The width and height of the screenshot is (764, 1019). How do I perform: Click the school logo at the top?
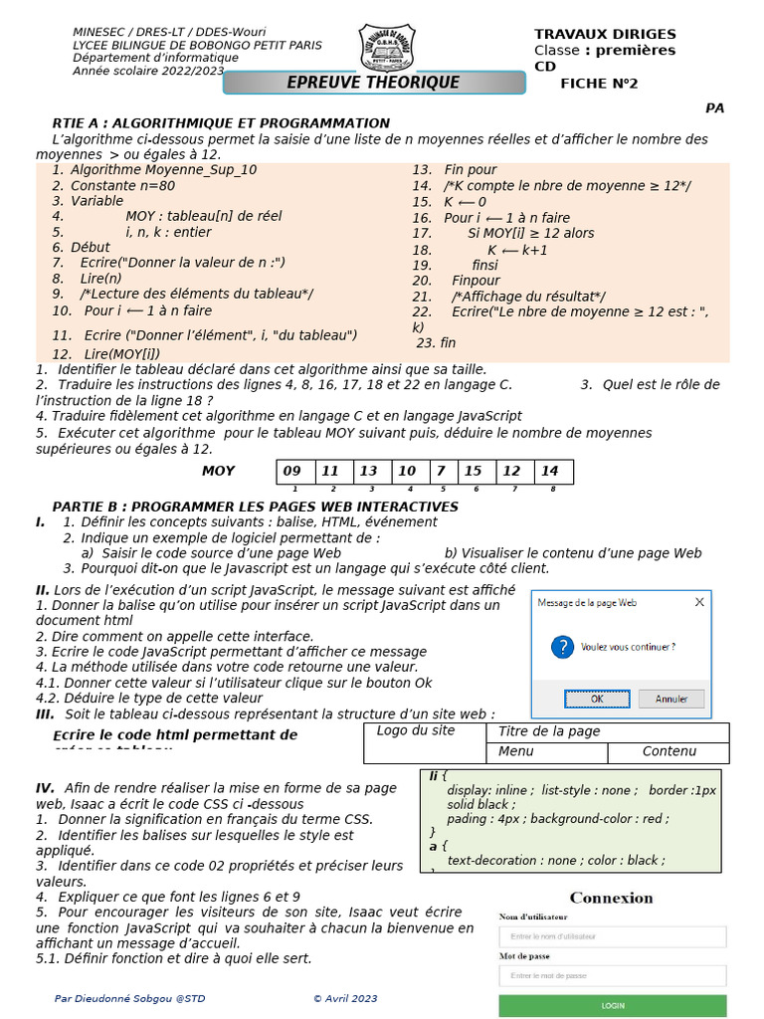point(390,47)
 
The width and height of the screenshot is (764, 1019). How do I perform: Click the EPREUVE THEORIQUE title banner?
point(373,83)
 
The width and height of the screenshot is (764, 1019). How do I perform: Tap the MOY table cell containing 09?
point(292,471)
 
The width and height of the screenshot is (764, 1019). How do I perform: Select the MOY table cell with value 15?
point(474,471)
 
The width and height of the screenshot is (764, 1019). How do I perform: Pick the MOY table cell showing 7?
point(440,471)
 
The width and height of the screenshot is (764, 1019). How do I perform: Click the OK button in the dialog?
point(597,699)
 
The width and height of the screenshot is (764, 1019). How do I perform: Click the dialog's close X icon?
point(699,602)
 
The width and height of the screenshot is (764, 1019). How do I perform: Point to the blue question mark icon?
point(562,647)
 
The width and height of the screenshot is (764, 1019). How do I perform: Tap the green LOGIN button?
point(613,1005)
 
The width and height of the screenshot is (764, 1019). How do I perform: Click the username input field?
point(613,936)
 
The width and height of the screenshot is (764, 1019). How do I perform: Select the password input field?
point(613,976)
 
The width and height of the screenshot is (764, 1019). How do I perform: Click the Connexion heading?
point(612,898)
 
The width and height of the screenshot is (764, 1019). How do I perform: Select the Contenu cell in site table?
point(669,752)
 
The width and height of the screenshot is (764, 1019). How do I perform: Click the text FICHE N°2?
point(599,84)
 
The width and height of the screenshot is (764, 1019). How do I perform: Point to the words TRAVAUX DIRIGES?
point(605,35)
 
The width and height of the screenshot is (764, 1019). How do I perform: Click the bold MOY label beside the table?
point(219,471)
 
